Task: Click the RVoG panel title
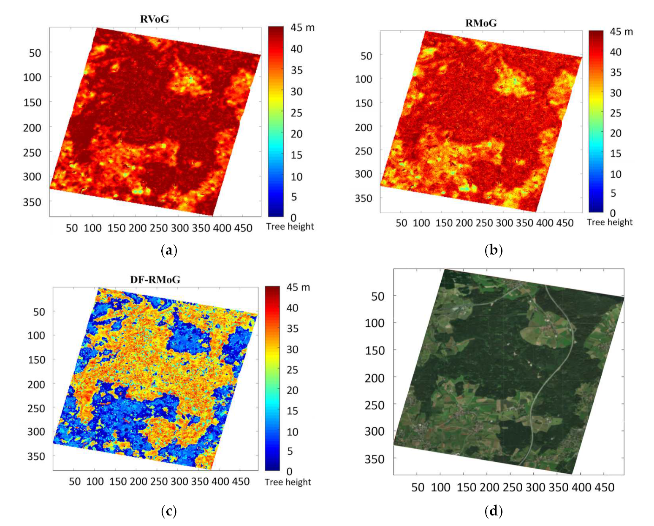click(x=155, y=19)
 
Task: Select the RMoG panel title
click(x=481, y=23)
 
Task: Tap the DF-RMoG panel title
click(x=155, y=279)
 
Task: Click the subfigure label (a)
click(x=169, y=251)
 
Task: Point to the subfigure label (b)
click(x=493, y=251)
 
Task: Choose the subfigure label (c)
click(x=169, y=512)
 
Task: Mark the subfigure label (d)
click(x=493, y=512)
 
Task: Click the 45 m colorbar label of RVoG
click(x=302, y=28)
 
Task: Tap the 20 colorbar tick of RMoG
click(x=616, y=133)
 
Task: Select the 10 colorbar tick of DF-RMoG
click(x=292, y=432)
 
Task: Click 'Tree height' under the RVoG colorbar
click(x=290, y=227)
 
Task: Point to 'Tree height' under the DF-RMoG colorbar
click(x=288, y=482)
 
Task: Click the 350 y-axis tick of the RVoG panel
click(x=32, y=202)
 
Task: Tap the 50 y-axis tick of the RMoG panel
click(x=366, y=56)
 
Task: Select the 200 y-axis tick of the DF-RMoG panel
click(x=36, y=385)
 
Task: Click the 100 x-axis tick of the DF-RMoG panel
click(x=95, y=482)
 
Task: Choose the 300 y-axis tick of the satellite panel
click(x=374, y=431)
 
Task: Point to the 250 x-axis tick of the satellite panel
click(x=513, y=488)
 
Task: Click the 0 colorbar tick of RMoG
click(x=613, y=213)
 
